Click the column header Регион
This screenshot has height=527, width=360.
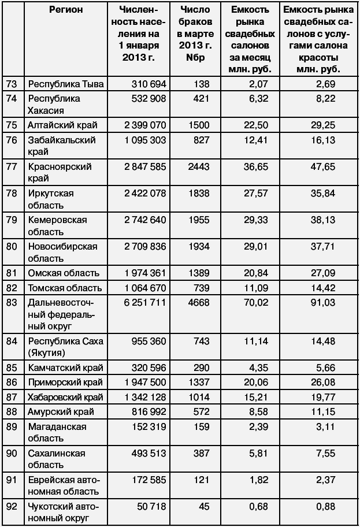click(x=66, y=10)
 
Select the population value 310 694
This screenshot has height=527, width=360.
click(x=142, y=84)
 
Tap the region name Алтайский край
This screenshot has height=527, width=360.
click(x=62, y=125)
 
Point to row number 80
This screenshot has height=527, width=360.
click(x=12, y=246)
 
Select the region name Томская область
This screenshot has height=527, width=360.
click(x=65, y=288)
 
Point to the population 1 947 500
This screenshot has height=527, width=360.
click(x=142, y=383)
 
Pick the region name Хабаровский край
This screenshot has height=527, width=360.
click(x=65, y=398)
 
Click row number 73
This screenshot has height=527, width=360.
click(x=12, y=84)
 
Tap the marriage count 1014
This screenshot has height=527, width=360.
click(x=201, y=398)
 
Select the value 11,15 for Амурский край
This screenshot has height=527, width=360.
click(x=324, y=412)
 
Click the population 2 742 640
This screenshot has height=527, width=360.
click(x=142, y=220)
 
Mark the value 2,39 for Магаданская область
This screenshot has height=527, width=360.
click(x=257, y=427)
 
